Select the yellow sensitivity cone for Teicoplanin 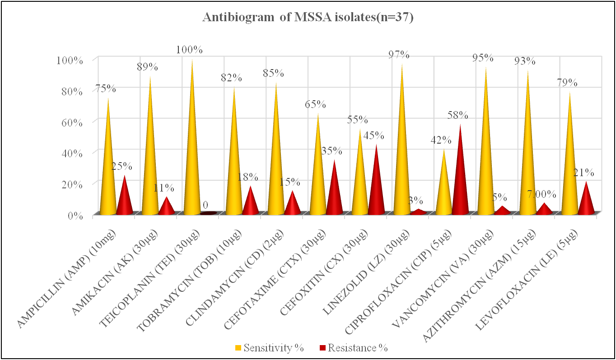click(192, 158)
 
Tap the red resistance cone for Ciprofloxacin click(460, 181)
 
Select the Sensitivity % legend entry click(269, 348)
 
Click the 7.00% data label click(542, 194)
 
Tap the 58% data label click(458, 115)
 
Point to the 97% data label click(399, 55)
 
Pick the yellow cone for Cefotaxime click(318, 176)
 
